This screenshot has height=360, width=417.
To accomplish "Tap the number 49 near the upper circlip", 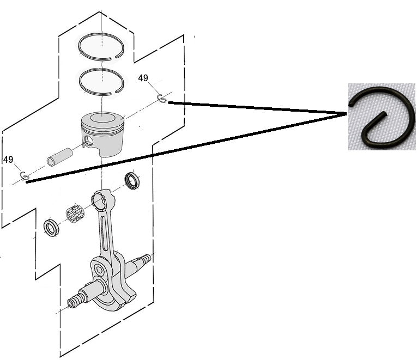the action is pos(143,78).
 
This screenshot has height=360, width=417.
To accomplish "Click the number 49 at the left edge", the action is pos(8,160).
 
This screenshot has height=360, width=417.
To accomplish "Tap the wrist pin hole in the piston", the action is pos(88,141).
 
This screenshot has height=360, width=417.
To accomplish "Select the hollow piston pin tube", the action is pos(59,157).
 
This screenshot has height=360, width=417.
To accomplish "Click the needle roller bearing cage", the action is pos(75,212).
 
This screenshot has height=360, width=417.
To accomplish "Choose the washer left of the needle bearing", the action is pos(51,228).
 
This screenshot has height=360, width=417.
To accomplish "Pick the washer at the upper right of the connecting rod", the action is pos(132,181).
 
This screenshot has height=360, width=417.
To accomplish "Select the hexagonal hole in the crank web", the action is pos(99,271).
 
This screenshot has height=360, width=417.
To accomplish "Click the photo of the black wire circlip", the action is pos(382,117).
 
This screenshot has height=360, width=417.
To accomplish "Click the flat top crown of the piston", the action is pos(102,118).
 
